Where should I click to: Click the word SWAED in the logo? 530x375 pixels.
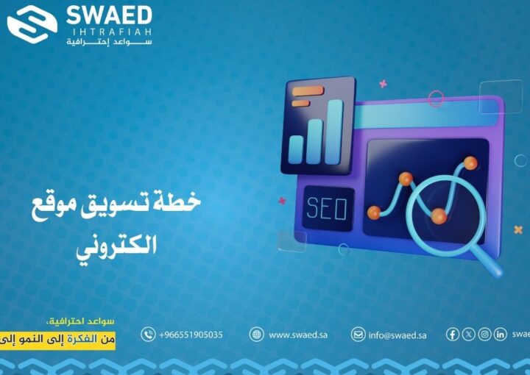109,15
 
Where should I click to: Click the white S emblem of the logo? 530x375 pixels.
32,24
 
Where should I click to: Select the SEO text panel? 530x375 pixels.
326,209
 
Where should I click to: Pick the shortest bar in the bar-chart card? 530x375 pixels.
297,149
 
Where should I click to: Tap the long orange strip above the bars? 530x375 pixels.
308,90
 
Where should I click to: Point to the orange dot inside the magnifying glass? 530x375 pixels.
439,216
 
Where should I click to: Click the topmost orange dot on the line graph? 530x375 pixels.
470,162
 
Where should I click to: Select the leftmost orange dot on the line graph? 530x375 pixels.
374,213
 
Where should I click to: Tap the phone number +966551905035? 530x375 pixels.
191,335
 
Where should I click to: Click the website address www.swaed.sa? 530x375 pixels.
297,335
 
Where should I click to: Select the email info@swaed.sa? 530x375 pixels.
397,335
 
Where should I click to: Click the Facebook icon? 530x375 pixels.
453,335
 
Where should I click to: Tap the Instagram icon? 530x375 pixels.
484,335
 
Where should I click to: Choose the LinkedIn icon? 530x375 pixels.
500,335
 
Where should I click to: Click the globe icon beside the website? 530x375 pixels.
256,335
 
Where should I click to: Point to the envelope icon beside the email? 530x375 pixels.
358,335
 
